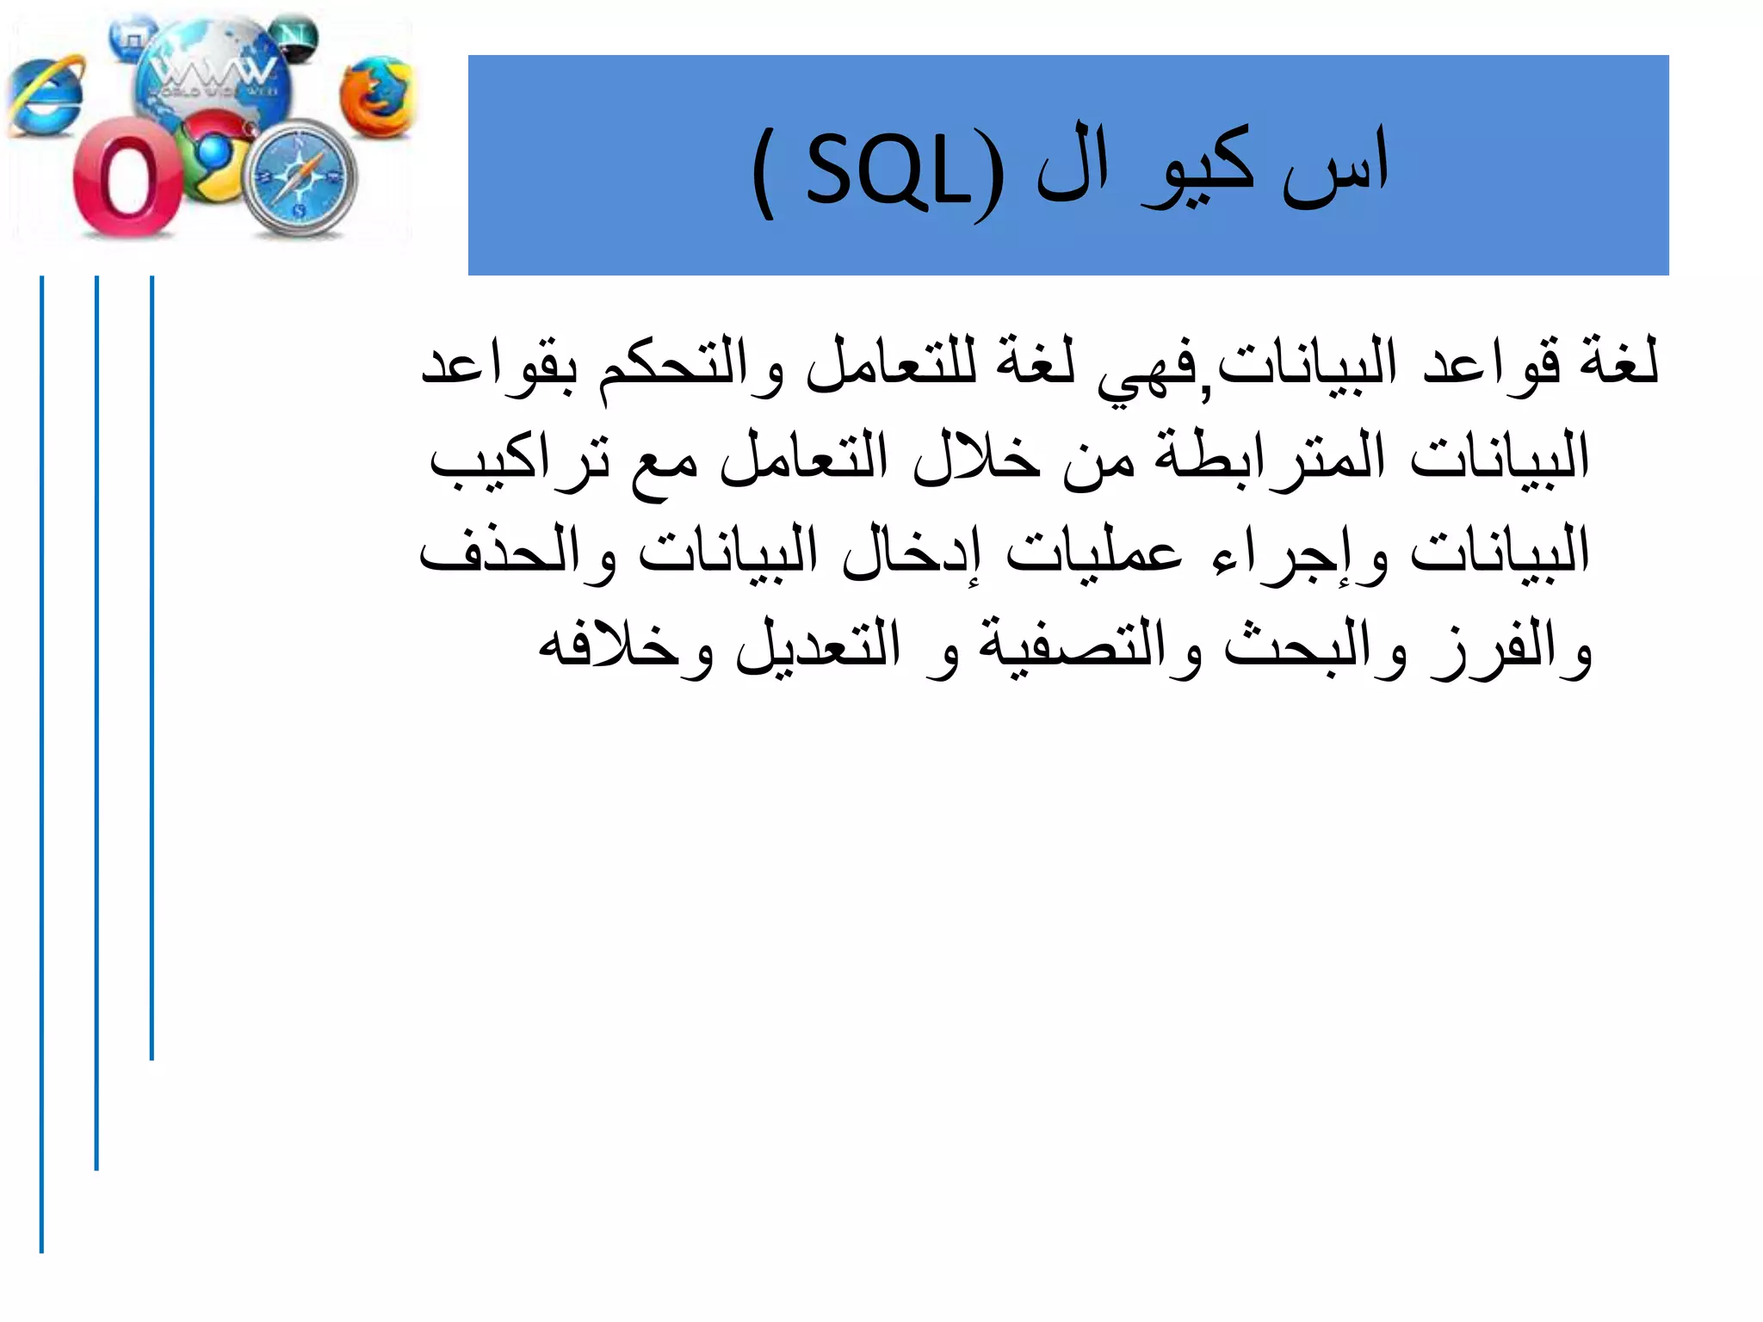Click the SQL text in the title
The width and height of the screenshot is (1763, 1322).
click(887, 172)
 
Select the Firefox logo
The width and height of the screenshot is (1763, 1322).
click(376, 96)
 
